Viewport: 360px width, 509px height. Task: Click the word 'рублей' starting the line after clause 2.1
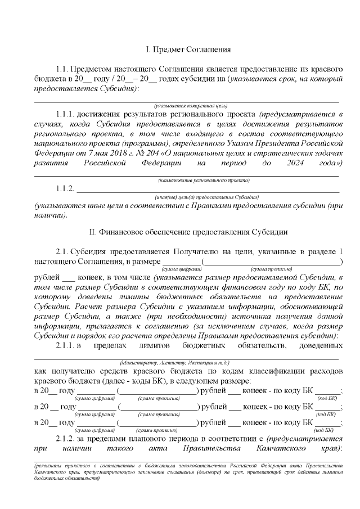point(46,278)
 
